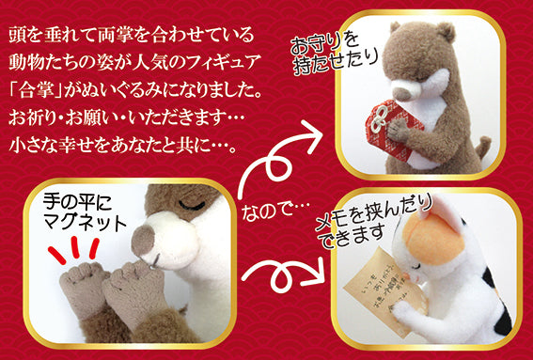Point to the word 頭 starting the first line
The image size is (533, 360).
tap(18, 37)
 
